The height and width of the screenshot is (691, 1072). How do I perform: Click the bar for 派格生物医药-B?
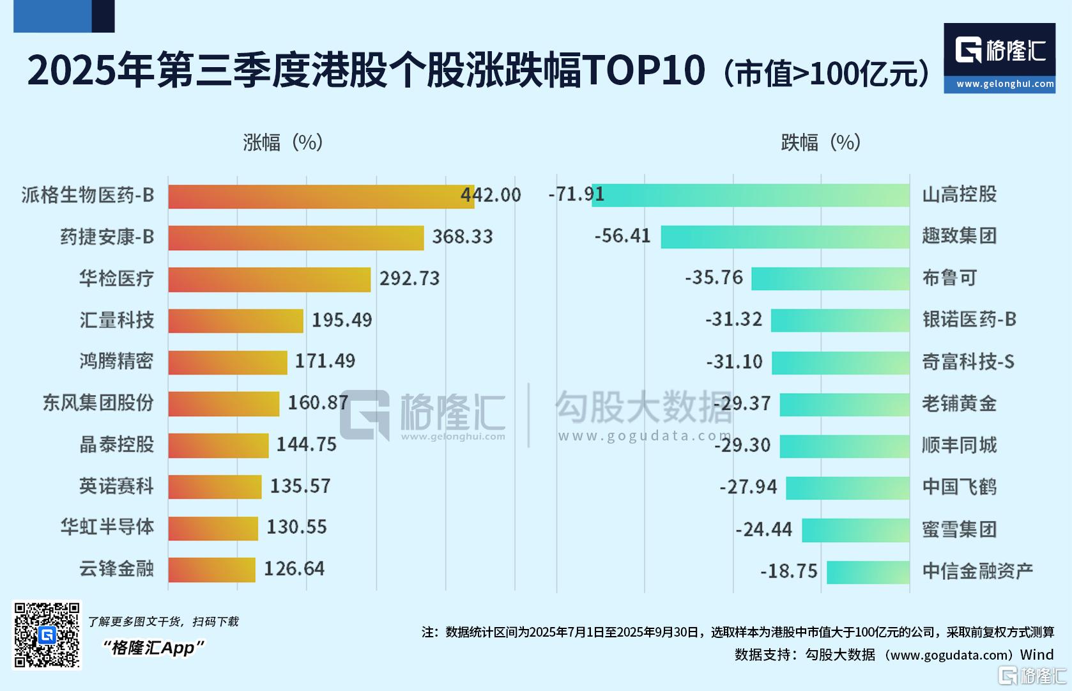[319, 196]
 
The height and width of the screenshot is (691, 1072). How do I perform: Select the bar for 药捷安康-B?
[295, 237]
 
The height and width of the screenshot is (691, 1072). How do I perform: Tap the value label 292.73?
[410, 279]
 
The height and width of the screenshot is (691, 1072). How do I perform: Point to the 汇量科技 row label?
[116, 320]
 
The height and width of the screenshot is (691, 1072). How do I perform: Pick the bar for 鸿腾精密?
[227, 362]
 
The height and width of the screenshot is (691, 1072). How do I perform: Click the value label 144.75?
[306, 445]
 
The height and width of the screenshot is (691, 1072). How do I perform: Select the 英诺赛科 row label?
[116, 486]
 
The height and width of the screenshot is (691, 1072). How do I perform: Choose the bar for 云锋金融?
[211, 570]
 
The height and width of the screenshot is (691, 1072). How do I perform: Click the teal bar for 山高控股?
[751, 195]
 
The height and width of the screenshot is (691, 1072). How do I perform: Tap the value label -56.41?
[622, 236]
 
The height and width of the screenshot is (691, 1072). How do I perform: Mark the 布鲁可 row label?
[949, 278]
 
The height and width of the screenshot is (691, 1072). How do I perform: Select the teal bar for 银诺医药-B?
[839, 320]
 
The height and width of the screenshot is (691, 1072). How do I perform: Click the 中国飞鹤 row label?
[959, 487]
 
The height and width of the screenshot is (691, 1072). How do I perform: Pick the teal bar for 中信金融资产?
[868, 572]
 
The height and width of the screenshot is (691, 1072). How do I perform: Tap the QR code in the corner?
[47, 635]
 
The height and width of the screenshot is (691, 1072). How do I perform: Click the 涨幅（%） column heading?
[282, 142]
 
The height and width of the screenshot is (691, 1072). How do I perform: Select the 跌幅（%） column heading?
[821, 142]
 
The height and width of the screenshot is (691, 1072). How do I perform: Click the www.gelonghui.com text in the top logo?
[1004, 84]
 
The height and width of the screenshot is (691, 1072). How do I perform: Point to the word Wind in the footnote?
[1037, 655]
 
